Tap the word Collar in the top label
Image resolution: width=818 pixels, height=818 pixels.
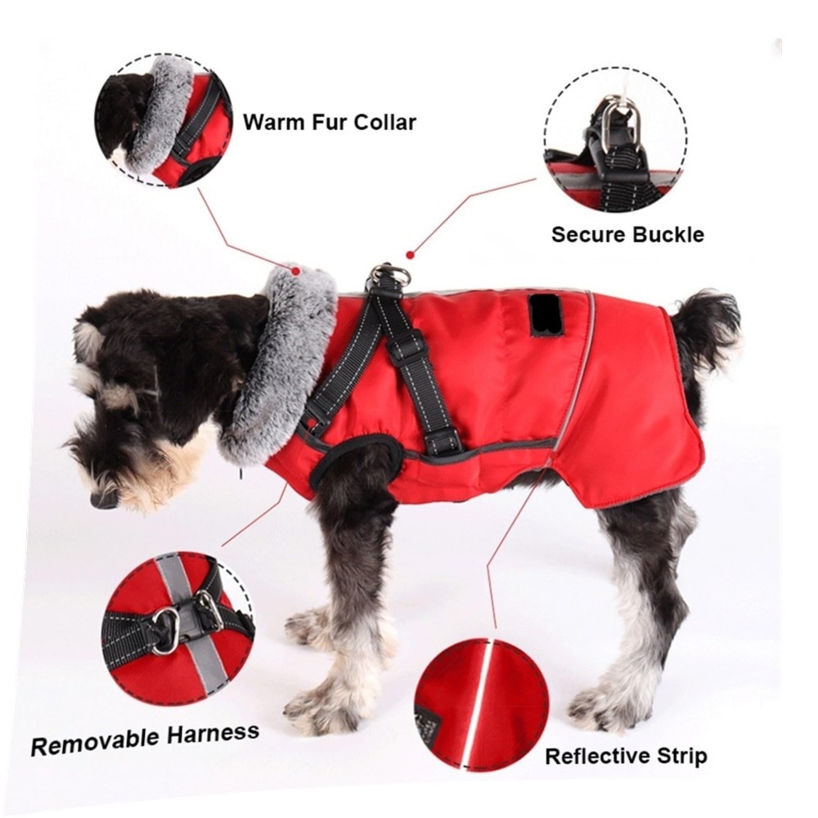(385, 122)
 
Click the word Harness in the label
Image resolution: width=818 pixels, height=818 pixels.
(213, 734)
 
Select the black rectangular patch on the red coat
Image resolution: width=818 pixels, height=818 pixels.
(539, 316)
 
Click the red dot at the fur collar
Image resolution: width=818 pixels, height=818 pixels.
(296, 271)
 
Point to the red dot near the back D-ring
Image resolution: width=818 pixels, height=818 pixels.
(411, 255)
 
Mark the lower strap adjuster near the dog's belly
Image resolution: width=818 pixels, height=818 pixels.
(443, 441)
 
